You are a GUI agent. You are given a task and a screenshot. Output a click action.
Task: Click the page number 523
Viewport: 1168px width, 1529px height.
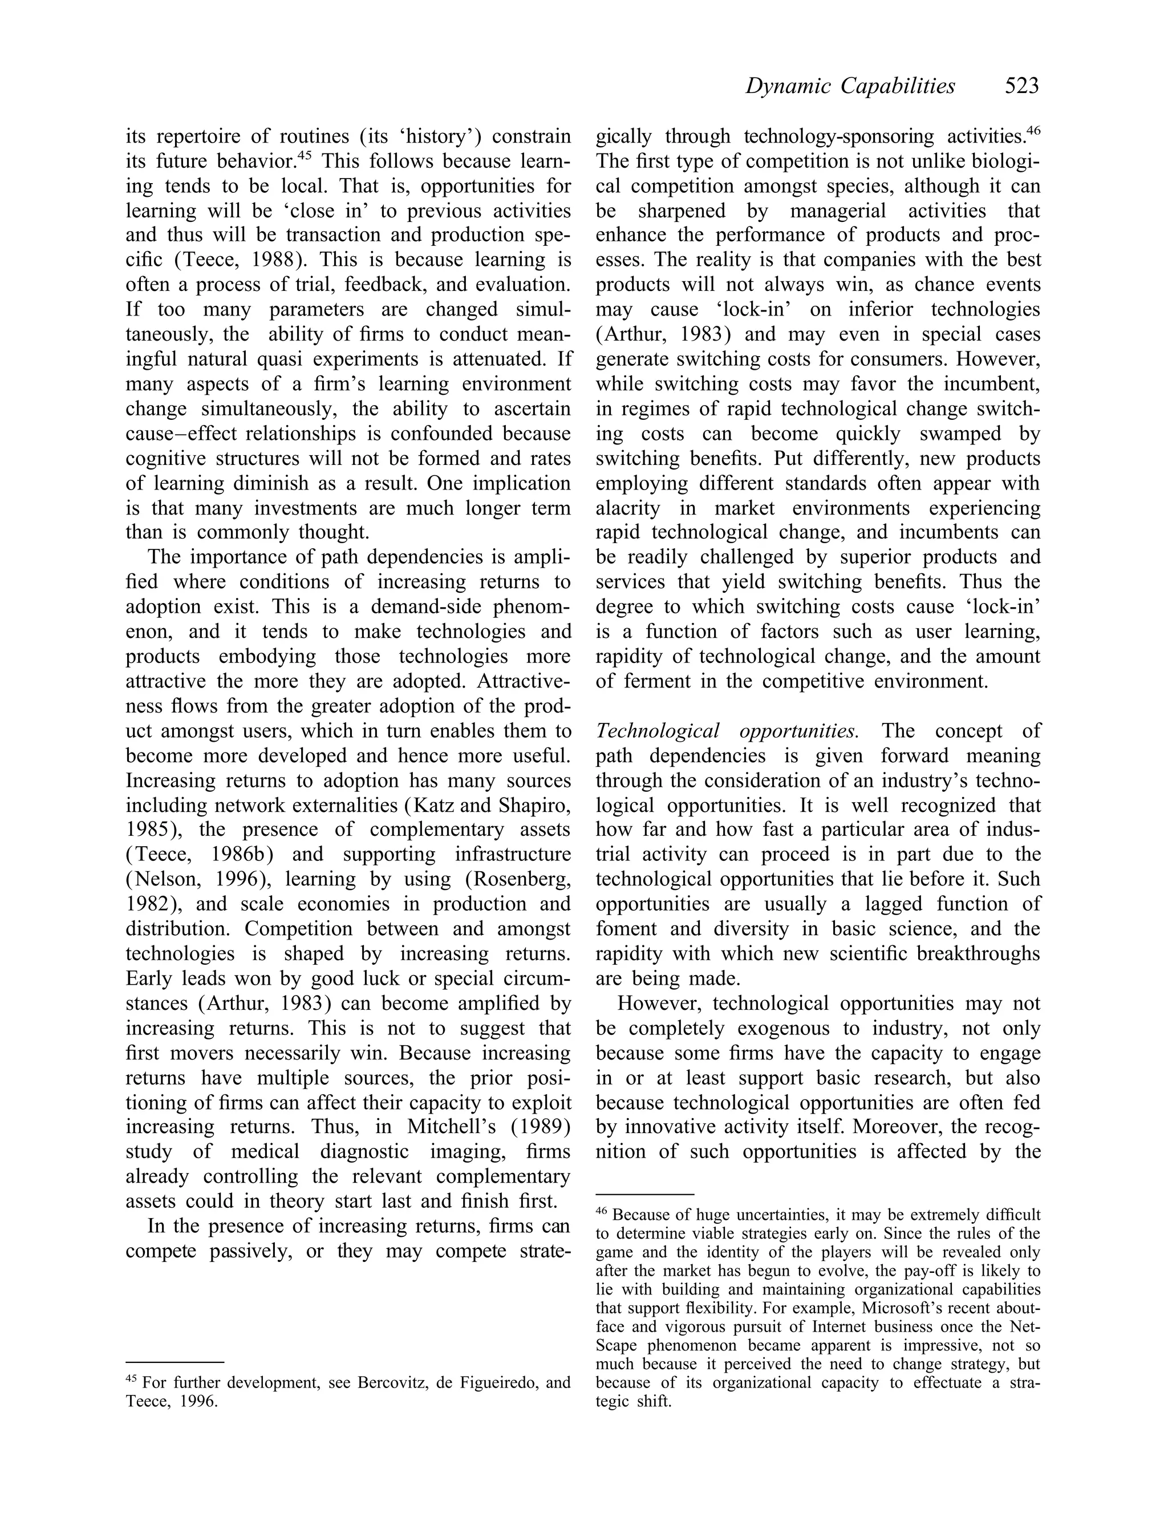[1021, 86]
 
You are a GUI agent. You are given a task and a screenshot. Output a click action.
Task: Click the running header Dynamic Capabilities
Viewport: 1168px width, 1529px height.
[850, 86]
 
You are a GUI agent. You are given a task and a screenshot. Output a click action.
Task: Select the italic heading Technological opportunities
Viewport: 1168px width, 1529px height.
[727, 731]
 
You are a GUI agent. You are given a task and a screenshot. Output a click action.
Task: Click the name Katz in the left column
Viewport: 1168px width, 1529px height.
[433, 805]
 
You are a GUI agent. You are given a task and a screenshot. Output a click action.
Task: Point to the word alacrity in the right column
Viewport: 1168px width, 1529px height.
[626, 508]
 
